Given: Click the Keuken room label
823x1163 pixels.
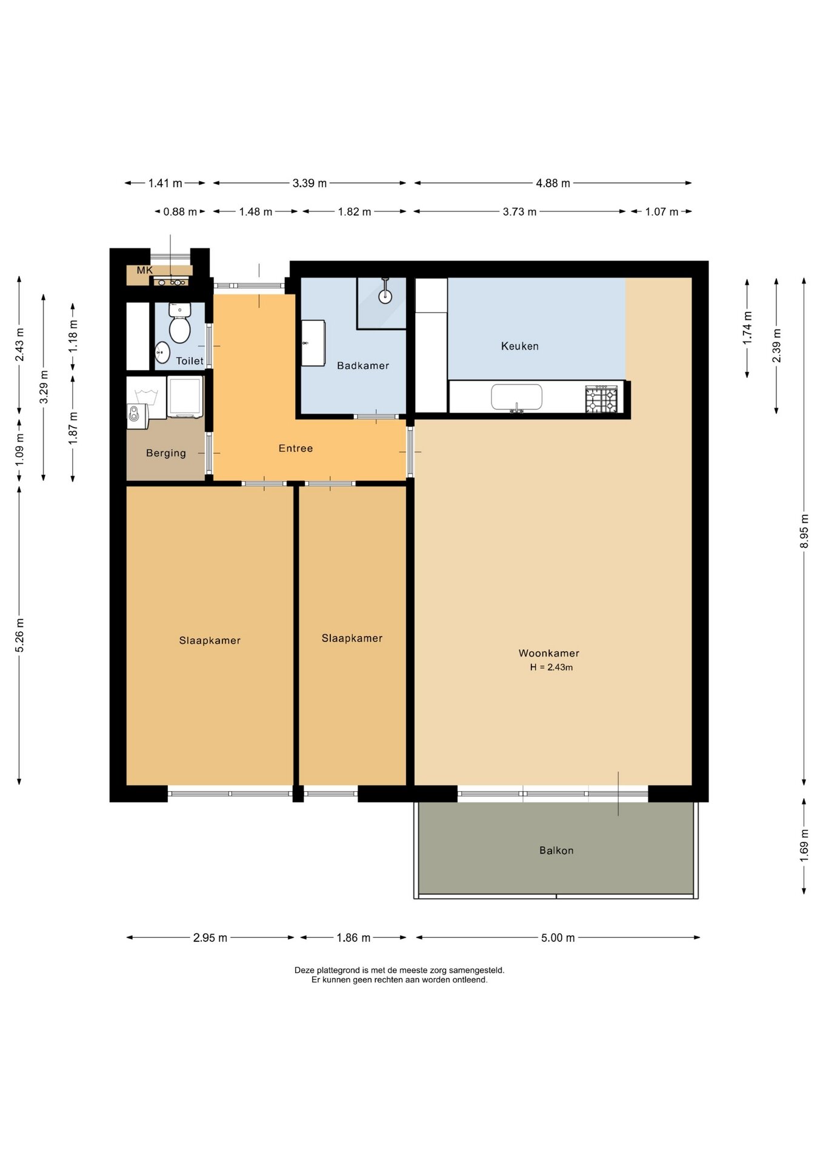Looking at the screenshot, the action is [519, 346].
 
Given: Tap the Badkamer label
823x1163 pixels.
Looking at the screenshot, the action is [363, 365].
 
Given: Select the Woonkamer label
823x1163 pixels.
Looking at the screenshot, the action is [549, 653].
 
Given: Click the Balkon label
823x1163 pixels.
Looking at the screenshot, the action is [556, 850].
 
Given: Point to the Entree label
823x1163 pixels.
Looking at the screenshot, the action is [296, 448].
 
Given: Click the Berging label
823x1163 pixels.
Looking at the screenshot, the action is [166, 453].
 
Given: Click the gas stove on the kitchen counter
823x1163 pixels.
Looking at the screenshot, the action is [601, 399].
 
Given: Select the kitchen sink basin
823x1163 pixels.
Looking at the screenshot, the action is [516, 397].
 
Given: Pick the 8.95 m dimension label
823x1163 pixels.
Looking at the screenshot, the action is [804, 531].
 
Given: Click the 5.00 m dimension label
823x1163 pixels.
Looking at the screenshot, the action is [558, 938].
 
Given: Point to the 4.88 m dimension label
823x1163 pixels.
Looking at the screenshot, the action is [553, 183].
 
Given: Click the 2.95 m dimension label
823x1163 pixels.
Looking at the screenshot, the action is [210, 938].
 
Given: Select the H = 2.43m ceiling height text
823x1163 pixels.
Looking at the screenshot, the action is [551, 667].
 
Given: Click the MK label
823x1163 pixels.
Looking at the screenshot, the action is [145, 270].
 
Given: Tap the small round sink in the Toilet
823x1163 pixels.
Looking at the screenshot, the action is [162, 352].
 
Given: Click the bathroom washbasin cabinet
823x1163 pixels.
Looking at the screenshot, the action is [313, 343].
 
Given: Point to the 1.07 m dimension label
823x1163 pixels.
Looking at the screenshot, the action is [662, 211].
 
